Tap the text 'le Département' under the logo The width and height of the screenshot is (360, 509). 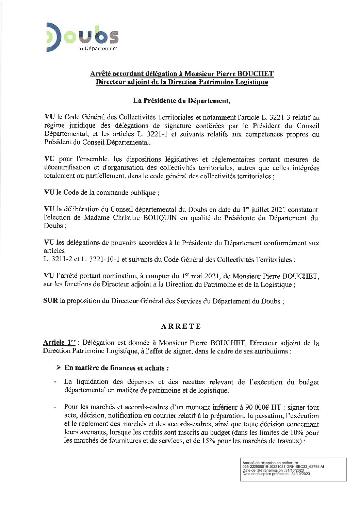click(x=98, y=49)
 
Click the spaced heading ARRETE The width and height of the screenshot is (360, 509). click(x=181, y=326)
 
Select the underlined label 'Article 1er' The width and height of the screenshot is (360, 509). click(x=59, y=343)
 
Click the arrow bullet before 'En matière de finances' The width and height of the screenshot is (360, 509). click(x=59, y=368)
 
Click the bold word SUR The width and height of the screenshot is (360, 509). click(x=51, y=301)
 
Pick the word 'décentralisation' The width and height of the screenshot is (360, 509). click(x=67, y=168)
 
